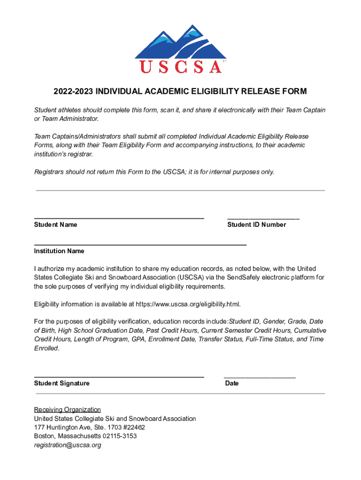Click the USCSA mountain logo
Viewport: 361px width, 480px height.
point(180,49)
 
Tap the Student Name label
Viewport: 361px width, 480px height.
point(55,225)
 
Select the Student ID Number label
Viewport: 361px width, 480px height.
point(256,225)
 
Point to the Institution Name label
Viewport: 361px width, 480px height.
point(59,251)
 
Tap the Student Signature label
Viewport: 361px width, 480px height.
point(61,383)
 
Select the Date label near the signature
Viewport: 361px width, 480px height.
point(232,383)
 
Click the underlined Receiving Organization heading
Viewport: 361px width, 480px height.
point(67,410)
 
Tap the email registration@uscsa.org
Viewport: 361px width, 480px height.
point(68,445)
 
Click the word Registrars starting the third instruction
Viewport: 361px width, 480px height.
point(49,172)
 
